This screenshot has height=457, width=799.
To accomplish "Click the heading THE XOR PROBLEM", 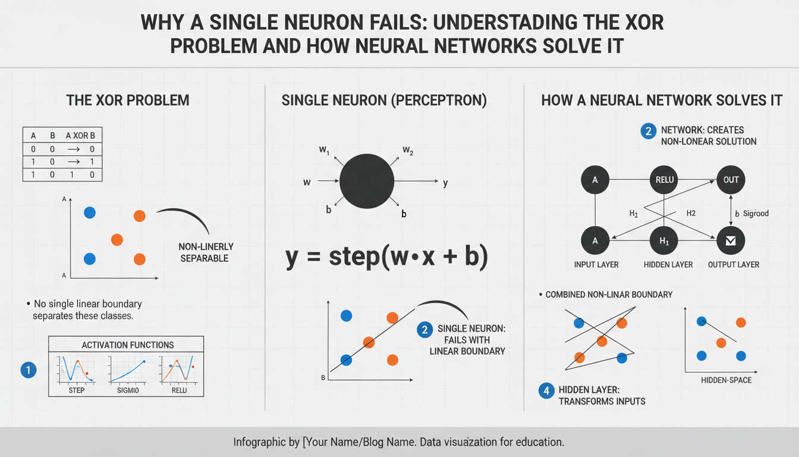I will [x=128, y=100].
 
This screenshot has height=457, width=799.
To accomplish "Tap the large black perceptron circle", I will [x=367, y=181].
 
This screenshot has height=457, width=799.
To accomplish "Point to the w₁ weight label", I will [x=324, y=149].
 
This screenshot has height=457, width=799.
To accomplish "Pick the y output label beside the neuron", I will [x=445, y=183].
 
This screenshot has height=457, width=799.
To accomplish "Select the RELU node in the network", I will [x=664, y=180].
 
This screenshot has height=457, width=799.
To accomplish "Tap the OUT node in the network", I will [x=731, y=180].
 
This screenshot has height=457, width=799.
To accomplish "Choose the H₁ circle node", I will [x=664, y=241].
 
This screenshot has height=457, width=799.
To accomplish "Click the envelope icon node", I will [x=731, y=241].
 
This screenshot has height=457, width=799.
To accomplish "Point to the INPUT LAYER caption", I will [x=596, y=265].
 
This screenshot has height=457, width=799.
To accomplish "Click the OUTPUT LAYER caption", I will [x=734, y=265].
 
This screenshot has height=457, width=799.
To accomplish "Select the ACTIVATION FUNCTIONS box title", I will [x=128, y=345].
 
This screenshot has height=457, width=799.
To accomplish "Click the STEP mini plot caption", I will [x=76, y=390].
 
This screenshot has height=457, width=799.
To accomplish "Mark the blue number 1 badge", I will [x=29, y=370].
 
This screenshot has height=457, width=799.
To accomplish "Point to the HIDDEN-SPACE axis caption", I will [x=726, y=380].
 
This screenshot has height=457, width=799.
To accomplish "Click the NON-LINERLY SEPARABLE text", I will [x=206, y=252].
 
